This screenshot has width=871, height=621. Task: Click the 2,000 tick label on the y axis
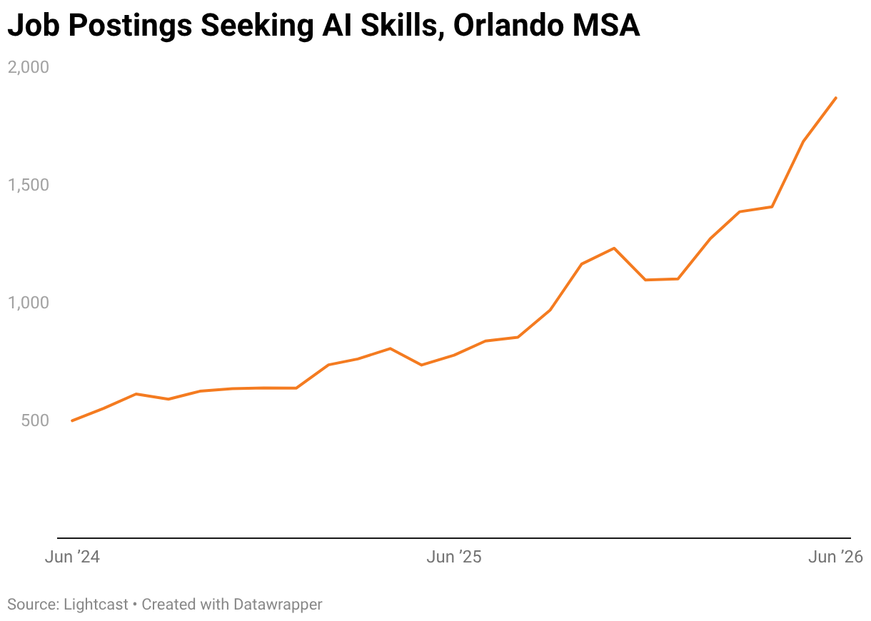pyautogui.click(x=29, y=67)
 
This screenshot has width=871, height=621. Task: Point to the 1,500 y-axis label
pyautogui.click(x=29, y=185)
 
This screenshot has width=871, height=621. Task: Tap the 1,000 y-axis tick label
pyautogui.click(x=29, y=303)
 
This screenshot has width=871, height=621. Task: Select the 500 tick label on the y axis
pyautogui.click(x=35, y=420)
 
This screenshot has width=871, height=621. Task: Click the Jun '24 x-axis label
pyautogui.click(x=72, y=557)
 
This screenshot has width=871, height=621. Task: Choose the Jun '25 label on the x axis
pyautogui.click(x=454, y=557)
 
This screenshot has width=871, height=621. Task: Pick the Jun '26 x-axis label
pyautogui.click(x=835, y=557)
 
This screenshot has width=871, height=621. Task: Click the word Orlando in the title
pyautogui.click(x=508, y=25)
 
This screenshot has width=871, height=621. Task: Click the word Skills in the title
pyautogui.click(x=402, y=26)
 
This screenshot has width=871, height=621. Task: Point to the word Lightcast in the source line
pyautogui.click(x=96, y=605)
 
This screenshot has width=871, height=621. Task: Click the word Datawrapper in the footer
pyautogui.click(x=278, y=605)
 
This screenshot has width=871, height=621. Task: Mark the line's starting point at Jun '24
pyautogui.click(x=72, y=420)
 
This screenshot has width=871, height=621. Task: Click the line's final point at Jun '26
pyautogui.click(x=836, y=98)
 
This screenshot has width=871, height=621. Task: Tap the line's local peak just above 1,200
pyautogui.click(x=614, y=248)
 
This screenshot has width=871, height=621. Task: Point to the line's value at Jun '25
pyautogui.click(x=454, y=355)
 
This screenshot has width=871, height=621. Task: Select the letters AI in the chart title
pyautogui.click(x=337, y=25)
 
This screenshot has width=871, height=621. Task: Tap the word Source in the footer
pyautogui.click(x=33, y=605)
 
